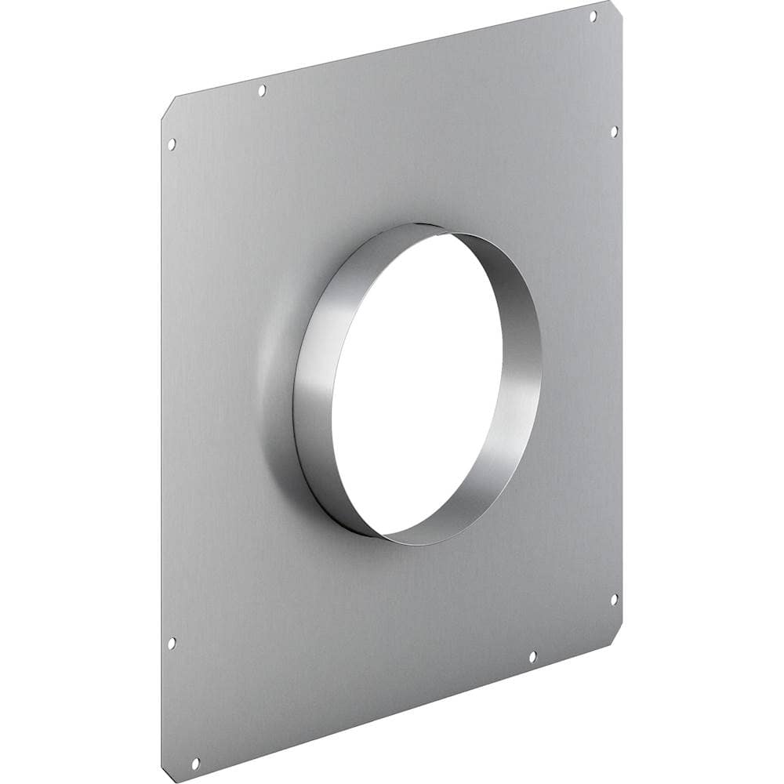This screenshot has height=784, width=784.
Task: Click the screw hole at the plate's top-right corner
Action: click(x=593, y=16)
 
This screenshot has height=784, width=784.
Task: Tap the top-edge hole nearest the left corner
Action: click(x=262, y=90)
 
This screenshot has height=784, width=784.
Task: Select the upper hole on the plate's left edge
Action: click(x=172, y=143)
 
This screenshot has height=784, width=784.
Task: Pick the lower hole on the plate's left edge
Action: click(x=172, y=642)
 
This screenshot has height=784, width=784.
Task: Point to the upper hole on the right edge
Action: click(x=614, y=131)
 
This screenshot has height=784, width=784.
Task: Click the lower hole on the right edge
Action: click(x=614, y=599)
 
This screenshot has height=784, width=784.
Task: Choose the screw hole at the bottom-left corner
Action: click(x=195, y=761)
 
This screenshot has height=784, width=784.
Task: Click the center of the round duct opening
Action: click(x=417, y=384)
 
